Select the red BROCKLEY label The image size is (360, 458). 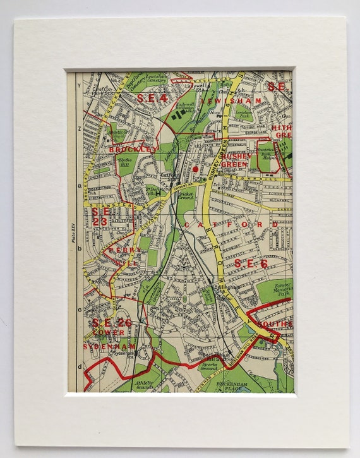pyautogui.click(x=133, y=149)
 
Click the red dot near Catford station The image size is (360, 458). pyautogui.click(x=196, y=169)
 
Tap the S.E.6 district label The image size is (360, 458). pyautogui.click(x=251, y=263)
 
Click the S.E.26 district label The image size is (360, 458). pyautogui.click(x=111, y=323)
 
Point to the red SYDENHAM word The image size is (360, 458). pyautogui.click(x=109, y=346)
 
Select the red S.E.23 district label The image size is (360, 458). pyautogui.click(x=100, y=216)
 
